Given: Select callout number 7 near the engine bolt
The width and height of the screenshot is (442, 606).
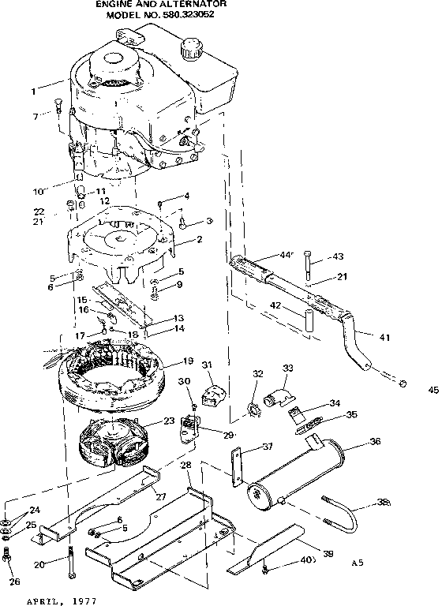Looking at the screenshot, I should pos(35,116).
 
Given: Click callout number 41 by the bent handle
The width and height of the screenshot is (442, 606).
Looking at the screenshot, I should pos(384,338).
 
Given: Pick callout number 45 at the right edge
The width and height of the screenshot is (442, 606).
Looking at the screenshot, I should pos(432,389).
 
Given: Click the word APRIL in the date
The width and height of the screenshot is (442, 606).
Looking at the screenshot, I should pos(43,600).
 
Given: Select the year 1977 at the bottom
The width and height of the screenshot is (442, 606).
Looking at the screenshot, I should pos(83,600).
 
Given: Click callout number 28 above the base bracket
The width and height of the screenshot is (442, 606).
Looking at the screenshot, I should pos(186,466).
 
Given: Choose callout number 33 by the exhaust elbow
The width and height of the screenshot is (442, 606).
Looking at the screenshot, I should pos(287,368).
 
